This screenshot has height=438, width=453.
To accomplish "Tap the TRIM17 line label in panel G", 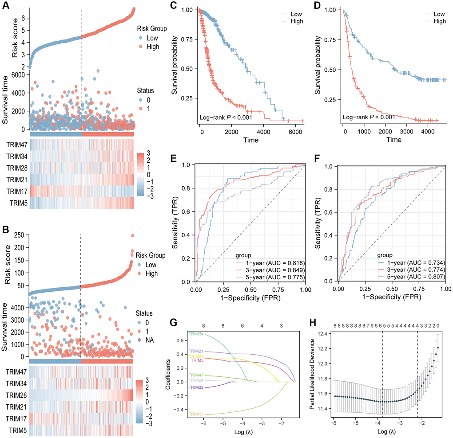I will pos(195,414).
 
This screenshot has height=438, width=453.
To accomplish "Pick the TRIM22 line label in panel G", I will pos(195,387).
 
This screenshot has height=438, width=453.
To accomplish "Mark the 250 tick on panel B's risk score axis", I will pos(19,235).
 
